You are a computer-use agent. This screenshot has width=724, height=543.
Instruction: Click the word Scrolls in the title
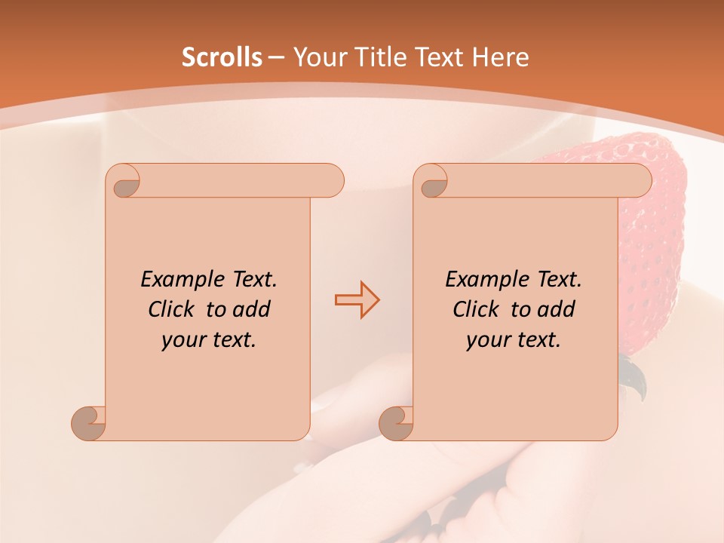222,57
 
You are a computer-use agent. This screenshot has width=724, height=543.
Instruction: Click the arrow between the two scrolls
357,299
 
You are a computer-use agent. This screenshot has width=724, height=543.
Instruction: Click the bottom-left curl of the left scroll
88,424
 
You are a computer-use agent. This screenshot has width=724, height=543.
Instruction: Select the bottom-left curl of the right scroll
396,424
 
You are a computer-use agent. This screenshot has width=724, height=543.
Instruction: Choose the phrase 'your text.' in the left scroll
209,339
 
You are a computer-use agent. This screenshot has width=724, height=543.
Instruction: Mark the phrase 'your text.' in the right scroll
514,339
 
